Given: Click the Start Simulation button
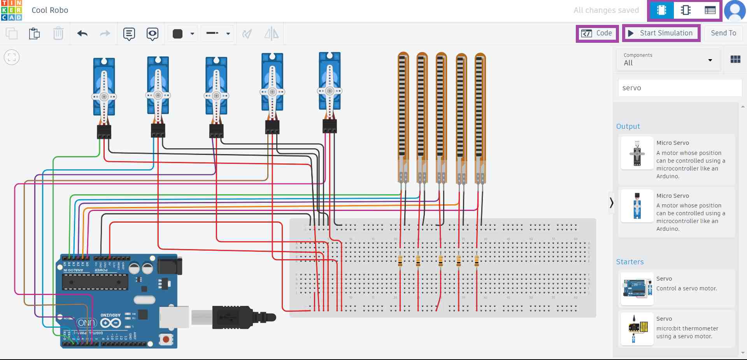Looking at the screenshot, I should [661, 33].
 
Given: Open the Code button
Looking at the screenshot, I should [597, 33].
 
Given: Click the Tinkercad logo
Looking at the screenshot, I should [11, 11].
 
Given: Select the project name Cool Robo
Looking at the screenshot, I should [50, 11].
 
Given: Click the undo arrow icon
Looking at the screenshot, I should [82, 33].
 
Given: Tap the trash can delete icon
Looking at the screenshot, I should [58, 33].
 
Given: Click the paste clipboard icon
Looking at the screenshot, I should [34, 33].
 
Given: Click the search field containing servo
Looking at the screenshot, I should [679, 88].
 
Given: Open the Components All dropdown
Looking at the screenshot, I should [668, 60].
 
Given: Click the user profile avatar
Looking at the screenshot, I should [735, 11].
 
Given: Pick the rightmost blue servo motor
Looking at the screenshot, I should [330, 82].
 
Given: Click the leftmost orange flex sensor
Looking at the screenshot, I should [403, 113].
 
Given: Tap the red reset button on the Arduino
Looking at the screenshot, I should [166, 339].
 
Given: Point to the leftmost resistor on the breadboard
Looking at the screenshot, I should [400, 261].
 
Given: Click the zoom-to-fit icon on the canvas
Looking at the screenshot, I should [12, 58].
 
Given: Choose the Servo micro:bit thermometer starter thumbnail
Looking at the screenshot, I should [637, 329].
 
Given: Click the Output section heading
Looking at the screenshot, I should [628, 126].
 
